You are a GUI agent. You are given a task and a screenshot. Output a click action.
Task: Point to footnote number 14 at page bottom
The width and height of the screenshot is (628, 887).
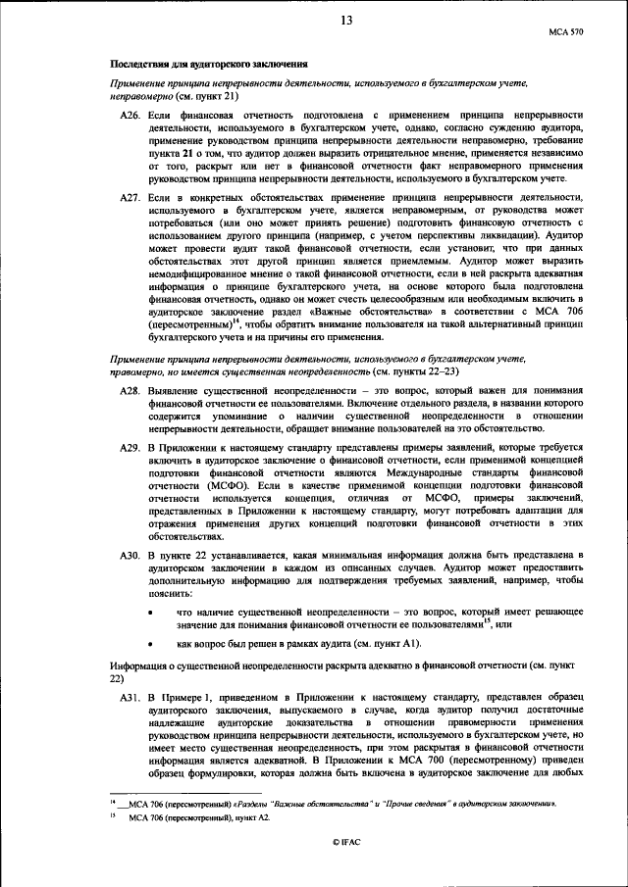tap(114, 804)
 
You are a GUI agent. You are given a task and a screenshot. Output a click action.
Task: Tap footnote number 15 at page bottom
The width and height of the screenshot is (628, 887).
tap(114, 818)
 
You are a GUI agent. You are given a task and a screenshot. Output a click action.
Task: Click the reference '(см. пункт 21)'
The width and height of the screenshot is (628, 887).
tap(202, 99)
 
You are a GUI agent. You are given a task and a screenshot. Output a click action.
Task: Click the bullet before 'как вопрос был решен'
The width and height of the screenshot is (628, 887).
tap(148, 644)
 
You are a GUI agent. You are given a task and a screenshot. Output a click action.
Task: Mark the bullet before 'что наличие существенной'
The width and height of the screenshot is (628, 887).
tap(148, 612)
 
